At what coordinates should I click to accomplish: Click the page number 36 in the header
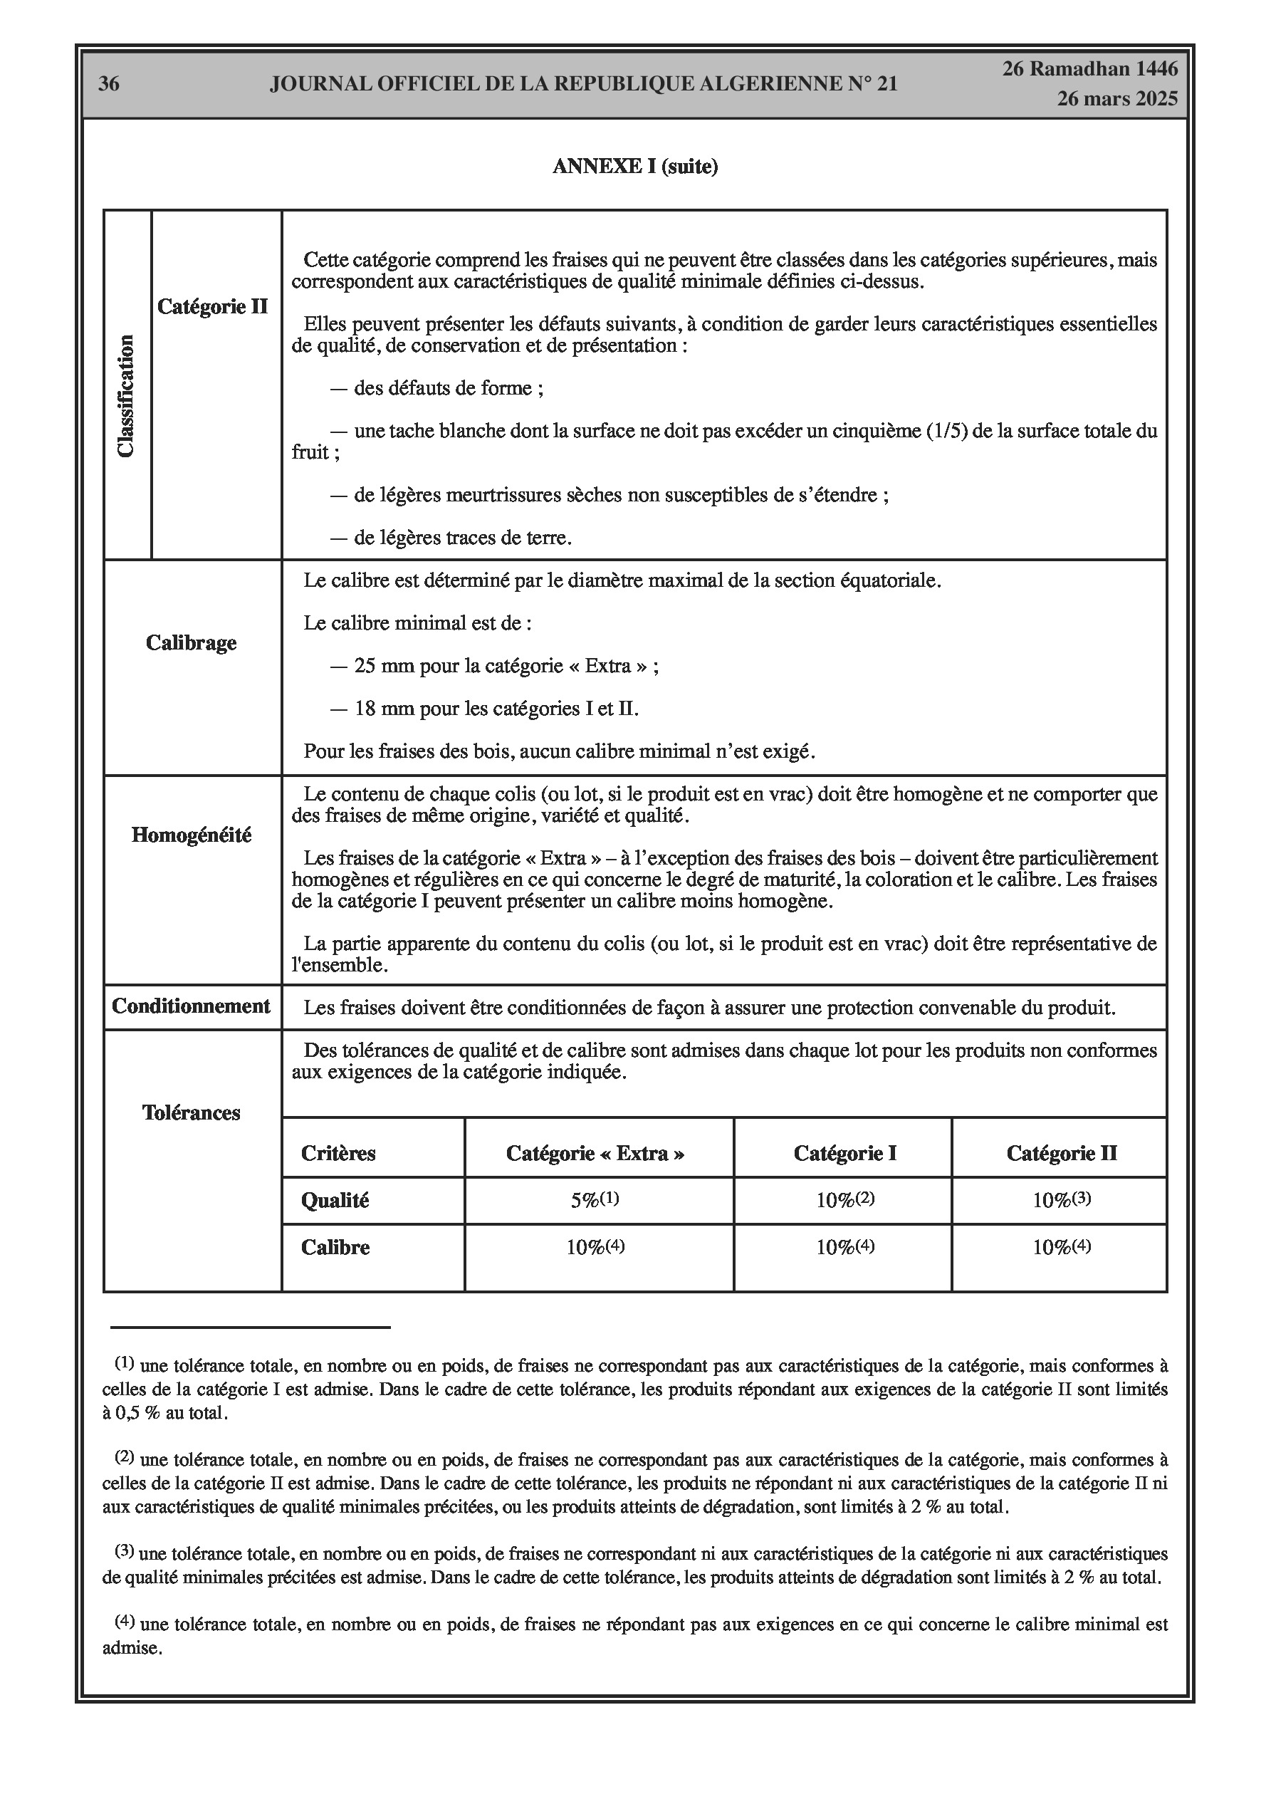coord(109,84)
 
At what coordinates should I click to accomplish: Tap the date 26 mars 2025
coord(1116,99)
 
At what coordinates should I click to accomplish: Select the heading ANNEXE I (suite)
coord(634,167)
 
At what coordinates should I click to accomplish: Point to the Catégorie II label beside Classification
coord(212,306)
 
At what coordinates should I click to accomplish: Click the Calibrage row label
coord(192,642)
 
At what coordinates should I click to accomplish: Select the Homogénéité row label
coord(192,835)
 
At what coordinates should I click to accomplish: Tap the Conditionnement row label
coord(192,1006)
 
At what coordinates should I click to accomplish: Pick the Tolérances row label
coord(192,1112)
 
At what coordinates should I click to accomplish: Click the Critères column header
coord(338,1153)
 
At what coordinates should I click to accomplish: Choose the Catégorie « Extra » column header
coord(595,1153)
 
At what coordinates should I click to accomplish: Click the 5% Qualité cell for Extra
coord(595,1200)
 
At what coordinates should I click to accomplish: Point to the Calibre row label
coord(335,1247)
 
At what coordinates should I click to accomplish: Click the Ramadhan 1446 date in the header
coord(1090,69)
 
